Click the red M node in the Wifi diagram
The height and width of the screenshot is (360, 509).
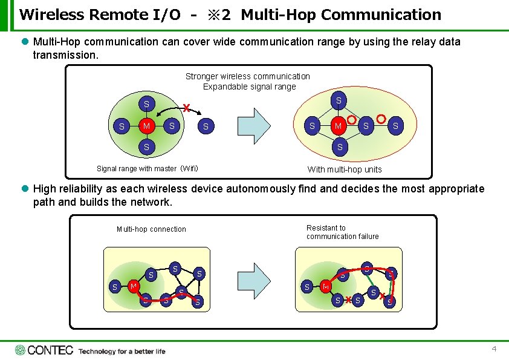146,126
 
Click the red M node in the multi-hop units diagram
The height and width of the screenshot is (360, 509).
339,125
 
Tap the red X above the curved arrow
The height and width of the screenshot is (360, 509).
187,108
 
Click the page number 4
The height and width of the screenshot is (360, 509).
494,349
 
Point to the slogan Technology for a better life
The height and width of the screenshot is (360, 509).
122,351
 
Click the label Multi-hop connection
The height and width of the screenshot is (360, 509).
151,229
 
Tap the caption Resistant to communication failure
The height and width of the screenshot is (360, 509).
342,232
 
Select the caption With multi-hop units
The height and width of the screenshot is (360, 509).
345,169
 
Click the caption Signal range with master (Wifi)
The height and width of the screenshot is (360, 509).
148,168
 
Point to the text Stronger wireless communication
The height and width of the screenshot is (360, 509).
247,76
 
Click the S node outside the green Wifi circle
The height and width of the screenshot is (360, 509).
206,126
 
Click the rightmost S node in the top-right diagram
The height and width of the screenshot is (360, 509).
396,125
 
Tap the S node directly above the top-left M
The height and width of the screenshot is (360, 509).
146,104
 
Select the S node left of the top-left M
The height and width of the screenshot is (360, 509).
122,126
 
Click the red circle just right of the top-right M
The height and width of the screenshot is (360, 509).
351,120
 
